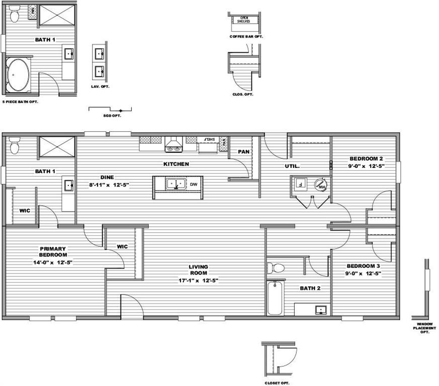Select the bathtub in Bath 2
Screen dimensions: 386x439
(x=275, y=298)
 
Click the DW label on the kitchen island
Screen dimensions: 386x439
(x=194, y=184)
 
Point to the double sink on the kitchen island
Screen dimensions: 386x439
(x=175, y=184)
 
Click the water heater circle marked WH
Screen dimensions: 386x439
(x=320, y=185)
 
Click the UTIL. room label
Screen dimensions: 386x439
(x=293, y=166)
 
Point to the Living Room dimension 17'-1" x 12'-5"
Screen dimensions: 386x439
(x=199, y=280)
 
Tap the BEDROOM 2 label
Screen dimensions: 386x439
(x=366, y=159)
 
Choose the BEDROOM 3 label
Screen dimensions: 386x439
(x=364, y=266)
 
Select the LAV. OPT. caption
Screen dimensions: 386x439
(x=101, y=86)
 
